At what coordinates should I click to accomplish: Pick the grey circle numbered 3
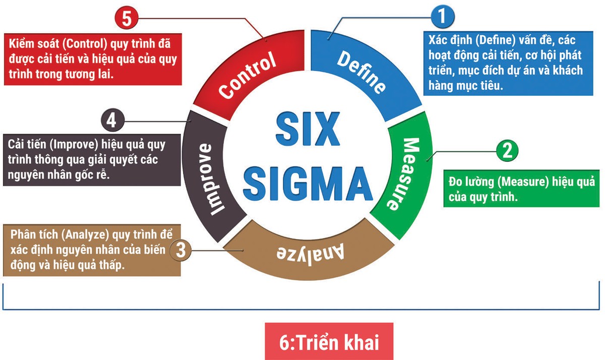tap(184, 249)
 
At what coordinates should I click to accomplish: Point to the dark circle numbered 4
tap(112, 121)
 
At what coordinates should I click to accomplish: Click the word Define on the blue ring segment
tap(361, 71)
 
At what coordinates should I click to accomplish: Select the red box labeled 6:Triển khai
tap(329, 342)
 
